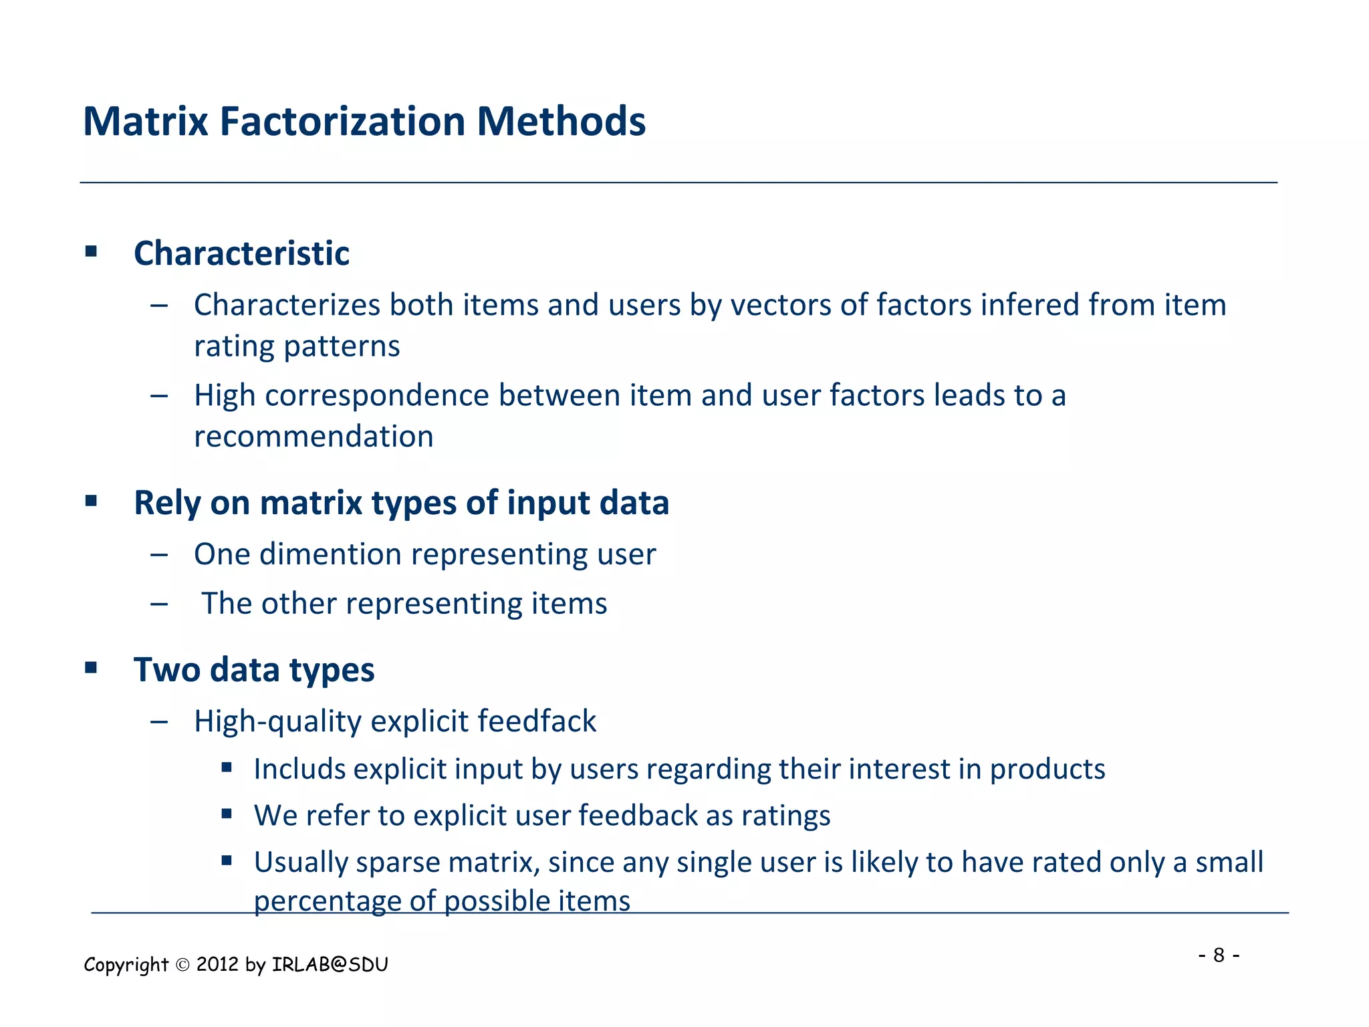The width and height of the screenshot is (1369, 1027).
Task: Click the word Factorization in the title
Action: [x=342, y=122]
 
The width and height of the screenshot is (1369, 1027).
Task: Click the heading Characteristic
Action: [x=241, y=253]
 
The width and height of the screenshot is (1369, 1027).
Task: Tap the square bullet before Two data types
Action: [x=92, y=667]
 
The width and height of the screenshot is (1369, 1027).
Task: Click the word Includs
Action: [x=299, y=770]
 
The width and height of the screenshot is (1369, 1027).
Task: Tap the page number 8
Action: [x=1219, y=955]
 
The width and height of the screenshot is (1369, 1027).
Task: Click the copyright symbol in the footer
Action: [x=182, y=965]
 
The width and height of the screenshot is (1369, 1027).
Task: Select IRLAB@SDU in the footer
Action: [x=330, y=965]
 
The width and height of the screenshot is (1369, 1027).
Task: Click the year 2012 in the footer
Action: [x=217, y=965]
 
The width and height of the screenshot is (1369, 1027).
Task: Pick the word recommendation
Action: [x=314, y=437]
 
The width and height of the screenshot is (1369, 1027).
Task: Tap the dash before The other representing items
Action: [x=159, y=604]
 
